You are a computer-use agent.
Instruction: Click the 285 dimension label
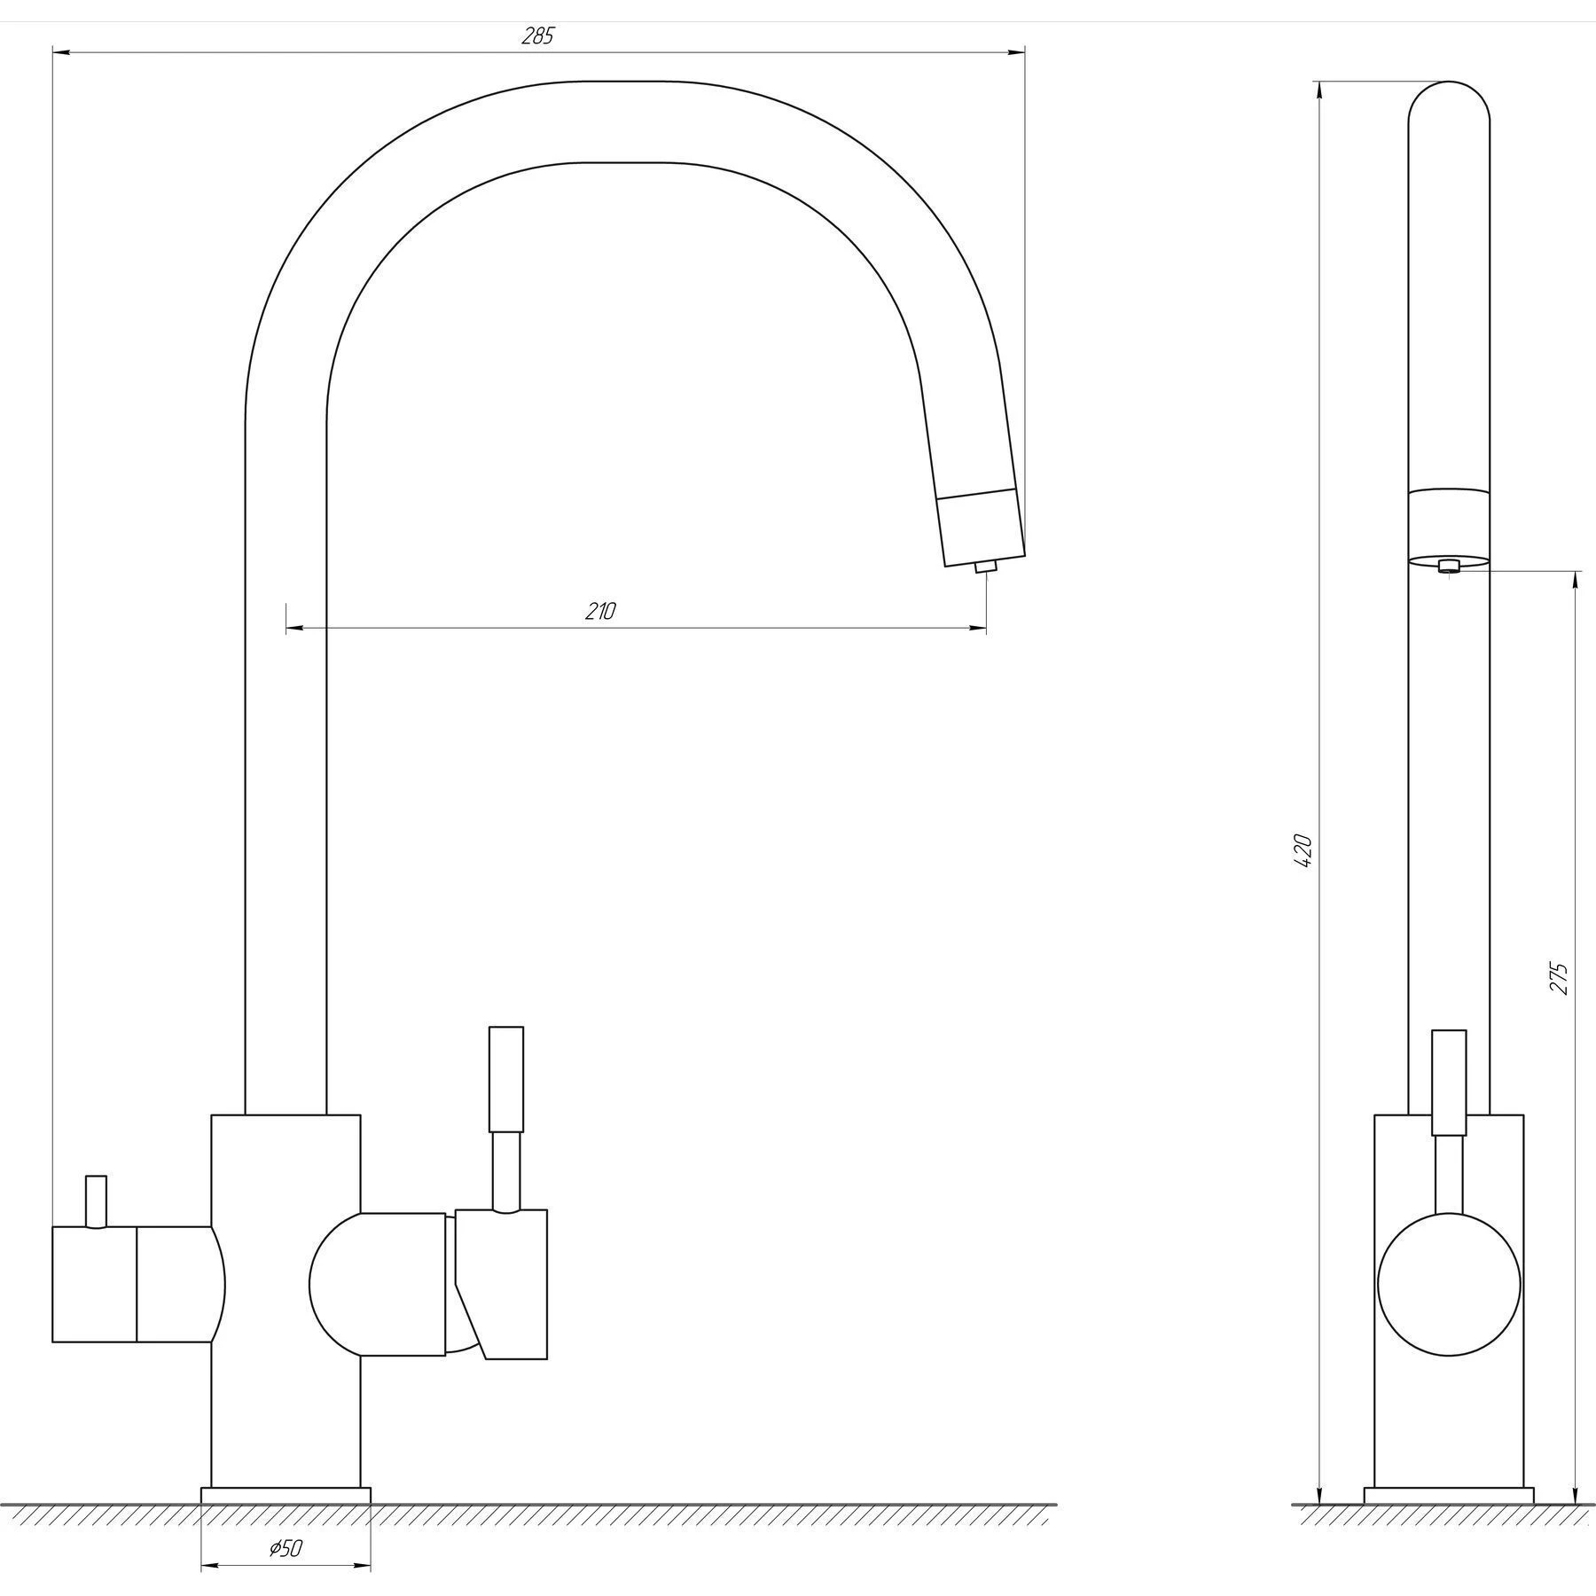[x=537, y=36]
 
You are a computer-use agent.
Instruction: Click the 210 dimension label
[x=600, y=611]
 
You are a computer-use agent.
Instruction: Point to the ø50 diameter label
[x=286, y=1549]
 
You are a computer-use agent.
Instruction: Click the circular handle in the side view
[x=1449, y=1285]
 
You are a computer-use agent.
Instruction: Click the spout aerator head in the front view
[x=982, y=527]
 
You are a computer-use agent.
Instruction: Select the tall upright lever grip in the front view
[x=506, y=1079]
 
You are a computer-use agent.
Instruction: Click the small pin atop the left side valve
[x=96, y=1202]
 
